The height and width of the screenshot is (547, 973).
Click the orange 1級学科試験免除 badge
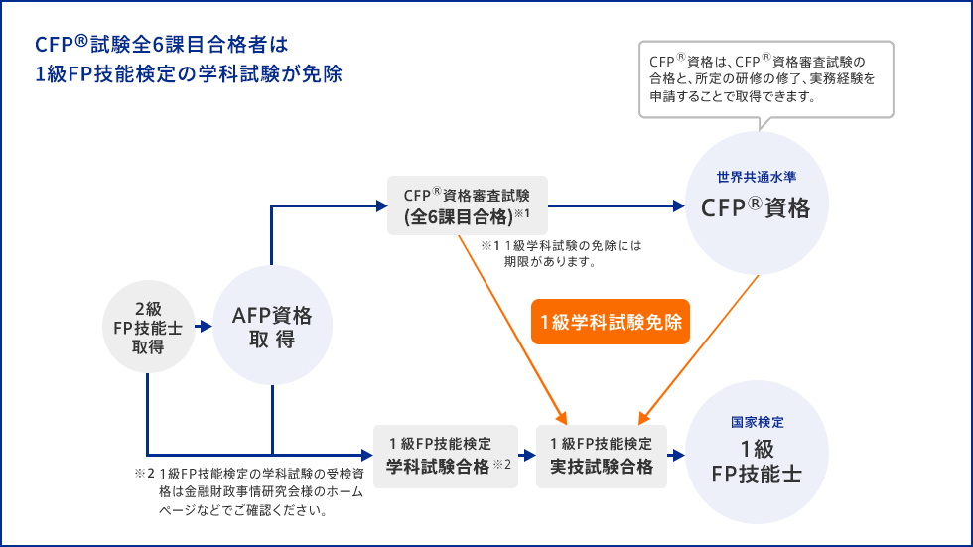point(611,322)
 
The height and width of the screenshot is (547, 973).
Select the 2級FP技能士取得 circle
point(148,327)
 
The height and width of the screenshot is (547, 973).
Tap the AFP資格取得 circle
point(271,327)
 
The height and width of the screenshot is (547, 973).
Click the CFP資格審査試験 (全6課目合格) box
point(467,205)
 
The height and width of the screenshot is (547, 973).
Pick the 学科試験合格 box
point(447,456)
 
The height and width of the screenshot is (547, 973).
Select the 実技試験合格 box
point(601,456)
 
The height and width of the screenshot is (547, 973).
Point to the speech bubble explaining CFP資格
point(764,78)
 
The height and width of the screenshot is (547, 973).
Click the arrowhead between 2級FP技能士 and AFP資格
point(204,326)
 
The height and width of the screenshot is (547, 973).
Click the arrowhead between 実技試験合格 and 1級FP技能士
point(677,456)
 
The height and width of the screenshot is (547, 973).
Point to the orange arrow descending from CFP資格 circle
point(700,347)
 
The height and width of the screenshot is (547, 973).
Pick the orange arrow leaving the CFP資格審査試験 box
point(516,328)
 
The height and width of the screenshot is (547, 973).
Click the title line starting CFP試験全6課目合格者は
point(161,44)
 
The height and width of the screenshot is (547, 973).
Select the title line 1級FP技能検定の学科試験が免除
point(189,75)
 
